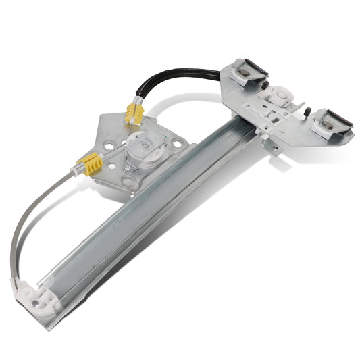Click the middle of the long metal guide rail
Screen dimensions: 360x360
[x=155, y=209]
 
